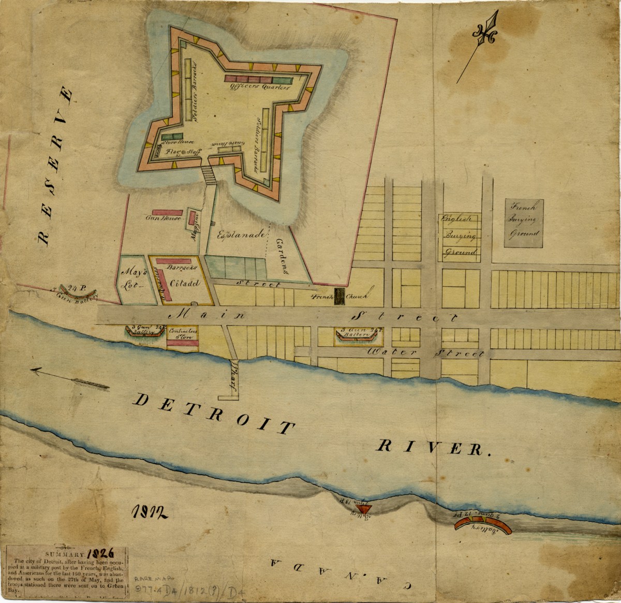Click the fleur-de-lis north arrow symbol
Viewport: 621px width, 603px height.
(x=485, y=34)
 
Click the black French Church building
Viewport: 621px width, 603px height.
(x=339, y=297)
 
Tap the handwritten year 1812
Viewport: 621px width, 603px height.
(x=148, y=512)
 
